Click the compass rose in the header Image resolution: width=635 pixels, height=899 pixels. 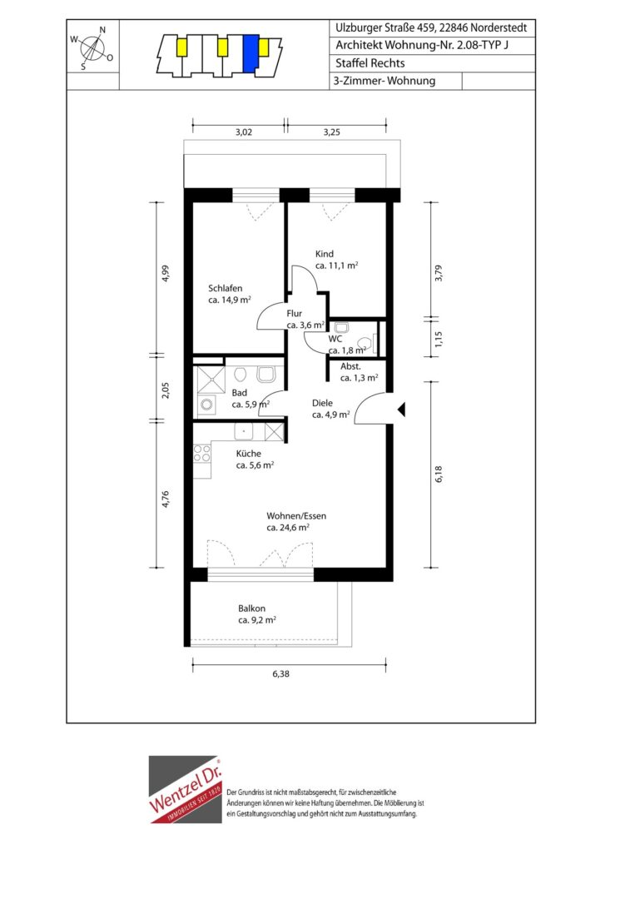point(92,48)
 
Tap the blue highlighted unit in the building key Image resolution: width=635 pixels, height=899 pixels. point(250,54)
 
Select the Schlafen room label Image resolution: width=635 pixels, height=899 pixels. point(226,288)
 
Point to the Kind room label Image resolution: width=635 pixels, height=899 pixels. point(325,254)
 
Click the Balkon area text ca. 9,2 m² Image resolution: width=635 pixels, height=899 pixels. point(257,620)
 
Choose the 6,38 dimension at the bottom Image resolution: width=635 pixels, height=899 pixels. point(280,674)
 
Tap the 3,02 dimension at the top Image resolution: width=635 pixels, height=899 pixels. point(244,132)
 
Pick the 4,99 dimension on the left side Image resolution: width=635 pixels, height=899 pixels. point(165,273)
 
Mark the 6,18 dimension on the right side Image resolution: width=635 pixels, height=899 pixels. point(439,474)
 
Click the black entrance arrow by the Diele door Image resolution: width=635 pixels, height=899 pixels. point(402,410)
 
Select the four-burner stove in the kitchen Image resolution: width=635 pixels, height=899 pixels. point(201,454)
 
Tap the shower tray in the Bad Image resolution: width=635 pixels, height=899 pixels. point(211,379)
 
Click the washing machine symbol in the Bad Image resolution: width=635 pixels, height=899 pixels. point(207,405)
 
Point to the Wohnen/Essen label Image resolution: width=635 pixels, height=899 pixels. point(296,516)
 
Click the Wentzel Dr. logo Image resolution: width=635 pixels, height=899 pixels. point(185,789)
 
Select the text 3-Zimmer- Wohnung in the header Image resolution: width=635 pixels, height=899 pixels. point(384,81)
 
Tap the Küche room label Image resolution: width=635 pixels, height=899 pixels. point(249,454)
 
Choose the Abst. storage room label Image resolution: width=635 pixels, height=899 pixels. point(350,366)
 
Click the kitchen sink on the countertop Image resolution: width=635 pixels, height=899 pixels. point(244,430)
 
